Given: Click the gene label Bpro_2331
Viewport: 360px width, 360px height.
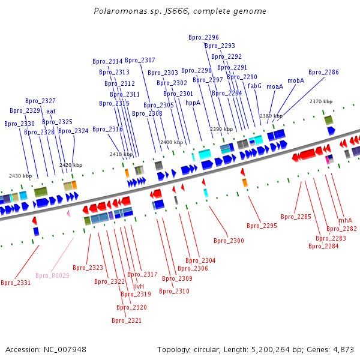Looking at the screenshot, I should [x=16, y=283].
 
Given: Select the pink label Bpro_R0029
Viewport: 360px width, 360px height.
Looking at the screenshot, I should [x=52, y=275].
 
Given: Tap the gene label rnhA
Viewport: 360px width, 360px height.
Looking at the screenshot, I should [x=346, y=220].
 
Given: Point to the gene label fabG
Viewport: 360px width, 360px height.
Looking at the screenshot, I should [x=254, y=86].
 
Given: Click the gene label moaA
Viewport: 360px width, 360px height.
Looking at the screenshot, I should [x=275, y=86].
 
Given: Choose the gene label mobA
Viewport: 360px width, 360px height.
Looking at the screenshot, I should [x=296, y=80].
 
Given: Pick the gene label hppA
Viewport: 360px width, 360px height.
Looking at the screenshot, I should [x=193, y=103].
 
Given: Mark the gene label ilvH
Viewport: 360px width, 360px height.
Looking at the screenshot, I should [x=139, y=286].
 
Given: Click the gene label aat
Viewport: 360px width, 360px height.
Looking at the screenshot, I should [x=51, y=111].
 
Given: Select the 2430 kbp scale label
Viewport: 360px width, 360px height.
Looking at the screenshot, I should [x=20, y=176].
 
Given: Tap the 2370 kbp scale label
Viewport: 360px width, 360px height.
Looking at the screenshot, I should [x=321, y=101].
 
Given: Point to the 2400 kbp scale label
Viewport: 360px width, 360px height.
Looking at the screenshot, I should [x=171, y=142].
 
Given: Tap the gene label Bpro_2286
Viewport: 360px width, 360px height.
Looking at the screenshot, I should [x=323, y=72].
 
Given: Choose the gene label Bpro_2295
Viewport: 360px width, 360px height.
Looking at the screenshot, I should [x=262, y=226].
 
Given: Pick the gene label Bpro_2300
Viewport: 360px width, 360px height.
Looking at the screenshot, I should [x=229, y=241].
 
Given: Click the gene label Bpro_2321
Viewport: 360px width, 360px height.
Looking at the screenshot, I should [x=127, y=320].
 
